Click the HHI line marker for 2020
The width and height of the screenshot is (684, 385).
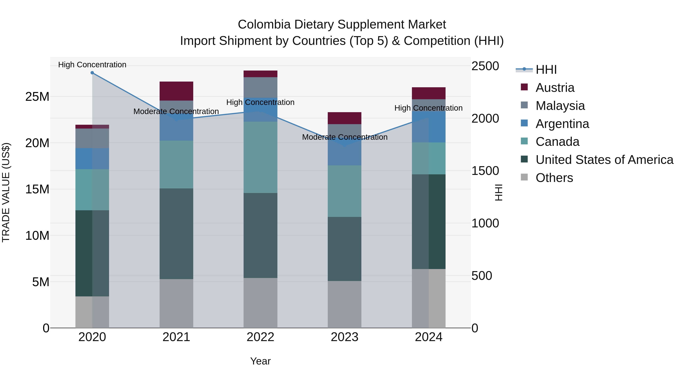92,73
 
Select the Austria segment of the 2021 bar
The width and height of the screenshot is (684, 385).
176,91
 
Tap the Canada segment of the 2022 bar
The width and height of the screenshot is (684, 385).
260,157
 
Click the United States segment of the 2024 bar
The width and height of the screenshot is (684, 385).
429,222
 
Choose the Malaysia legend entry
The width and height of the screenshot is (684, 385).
560,106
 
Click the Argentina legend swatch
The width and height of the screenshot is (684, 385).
524,123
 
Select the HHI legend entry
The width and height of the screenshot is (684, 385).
546,70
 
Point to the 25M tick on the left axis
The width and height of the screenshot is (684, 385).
37,97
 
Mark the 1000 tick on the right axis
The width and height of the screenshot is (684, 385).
485,223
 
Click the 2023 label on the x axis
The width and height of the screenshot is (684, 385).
344,337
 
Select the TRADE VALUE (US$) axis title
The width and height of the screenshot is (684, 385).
6,192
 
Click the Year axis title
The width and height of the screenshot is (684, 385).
260,361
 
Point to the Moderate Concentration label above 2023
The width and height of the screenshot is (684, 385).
345,137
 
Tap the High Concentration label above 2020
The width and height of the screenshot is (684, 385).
92,65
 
